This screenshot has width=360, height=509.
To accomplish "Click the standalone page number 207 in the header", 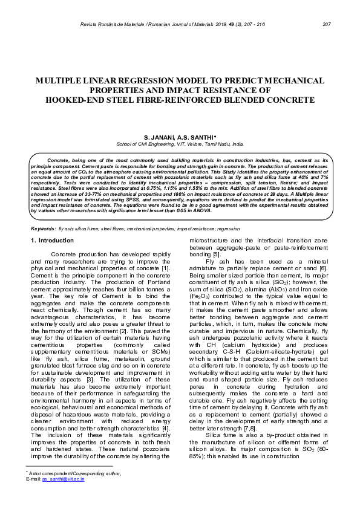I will (x=327, y=24).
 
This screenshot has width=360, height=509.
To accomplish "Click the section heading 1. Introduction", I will (x=52, y=241).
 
